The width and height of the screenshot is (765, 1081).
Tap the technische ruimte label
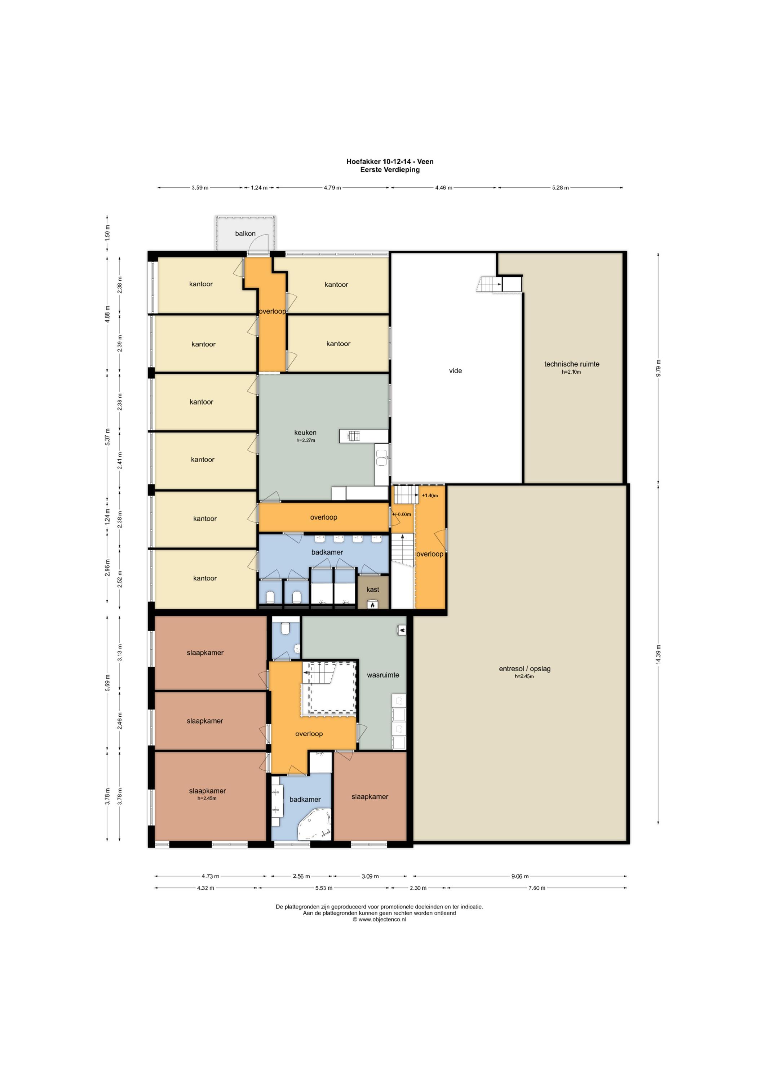click(x=572, y=364)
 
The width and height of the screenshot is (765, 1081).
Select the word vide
click(x=456, y=371)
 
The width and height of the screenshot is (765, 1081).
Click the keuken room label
click(x=305, y=433)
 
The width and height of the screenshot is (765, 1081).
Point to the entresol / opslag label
click(x=525, y=668)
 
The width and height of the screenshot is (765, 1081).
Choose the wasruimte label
click(x=383, y=675)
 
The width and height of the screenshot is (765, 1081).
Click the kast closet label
click(x=373, y=590)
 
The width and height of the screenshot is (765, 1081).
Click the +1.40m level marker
click(x=430, y=495)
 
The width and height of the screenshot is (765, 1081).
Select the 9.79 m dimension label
click(x=659, y=368)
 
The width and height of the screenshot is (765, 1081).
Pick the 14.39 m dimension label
click(x=659, y=654)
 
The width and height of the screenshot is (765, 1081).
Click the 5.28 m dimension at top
click(x=560, y=188)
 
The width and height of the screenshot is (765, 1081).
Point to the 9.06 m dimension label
click(x=520, y=876)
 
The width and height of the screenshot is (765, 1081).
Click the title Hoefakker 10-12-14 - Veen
click(x=390, y=161)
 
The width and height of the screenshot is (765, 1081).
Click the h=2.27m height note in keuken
click(x=306, y=441)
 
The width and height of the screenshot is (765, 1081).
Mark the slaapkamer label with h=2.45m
click(x=207, y=791)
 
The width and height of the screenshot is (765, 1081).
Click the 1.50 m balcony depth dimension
click(x=107, y=233)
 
